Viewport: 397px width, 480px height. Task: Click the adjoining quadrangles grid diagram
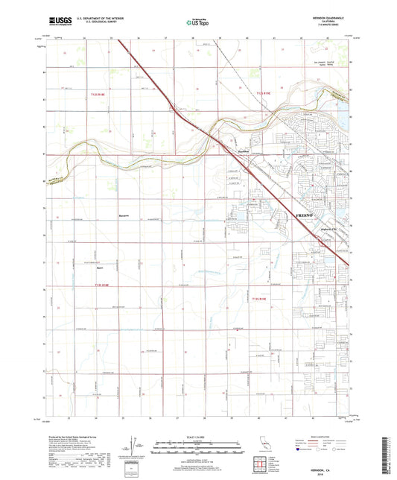point(261,462)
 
